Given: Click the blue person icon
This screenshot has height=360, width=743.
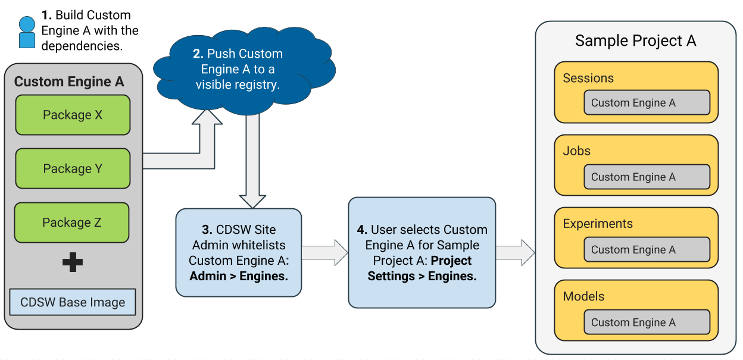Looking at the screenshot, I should (x=27, y=32).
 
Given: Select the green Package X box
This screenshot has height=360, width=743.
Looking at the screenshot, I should (x=72, y=115).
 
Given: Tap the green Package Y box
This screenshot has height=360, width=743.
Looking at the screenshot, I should (x=72, y=168).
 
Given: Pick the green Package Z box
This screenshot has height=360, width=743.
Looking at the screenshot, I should (x=71, y=223).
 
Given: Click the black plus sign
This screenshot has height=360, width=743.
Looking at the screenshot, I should (x=73, y=262).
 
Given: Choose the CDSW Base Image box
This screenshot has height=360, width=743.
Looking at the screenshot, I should (x=73, y=302).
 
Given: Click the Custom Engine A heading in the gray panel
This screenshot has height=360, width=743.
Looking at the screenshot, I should (x=69, y=82).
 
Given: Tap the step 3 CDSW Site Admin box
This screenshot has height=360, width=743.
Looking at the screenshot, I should (x=238, y=252).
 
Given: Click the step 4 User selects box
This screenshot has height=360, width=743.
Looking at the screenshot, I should (x=422, y=252).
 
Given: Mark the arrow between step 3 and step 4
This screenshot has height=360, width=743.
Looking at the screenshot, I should (x=324, y=252).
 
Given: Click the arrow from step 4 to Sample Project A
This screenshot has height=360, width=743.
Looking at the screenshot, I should (x=516, y=252).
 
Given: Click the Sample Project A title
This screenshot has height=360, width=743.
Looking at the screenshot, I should (x=635, y=40).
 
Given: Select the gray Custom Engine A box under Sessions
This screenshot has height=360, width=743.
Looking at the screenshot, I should (x=647, y=103).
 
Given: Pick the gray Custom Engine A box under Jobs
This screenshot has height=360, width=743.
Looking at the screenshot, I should (x=647, y=177).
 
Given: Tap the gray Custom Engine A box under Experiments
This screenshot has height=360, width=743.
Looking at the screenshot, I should (x=647, y=250).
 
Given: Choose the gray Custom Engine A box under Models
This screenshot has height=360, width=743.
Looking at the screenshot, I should (x=647, y=323).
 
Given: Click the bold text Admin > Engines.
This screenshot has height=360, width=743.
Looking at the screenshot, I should (x=238, y=276).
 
